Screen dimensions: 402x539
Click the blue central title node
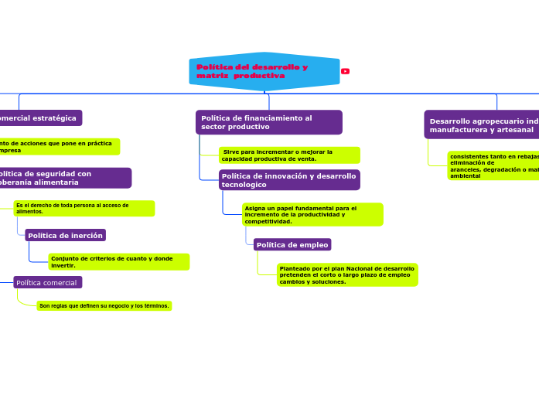264,71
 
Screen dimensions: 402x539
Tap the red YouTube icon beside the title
345,71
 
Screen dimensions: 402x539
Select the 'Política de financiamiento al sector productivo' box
268,122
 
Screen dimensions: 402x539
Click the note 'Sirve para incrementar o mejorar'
288,155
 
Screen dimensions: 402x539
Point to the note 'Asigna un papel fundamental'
312,214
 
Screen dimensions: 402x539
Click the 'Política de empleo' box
292,245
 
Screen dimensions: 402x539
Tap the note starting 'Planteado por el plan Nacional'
346,274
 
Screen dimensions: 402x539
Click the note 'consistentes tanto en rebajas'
493,165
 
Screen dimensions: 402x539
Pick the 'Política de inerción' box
65,235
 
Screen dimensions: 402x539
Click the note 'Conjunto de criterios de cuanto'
118,261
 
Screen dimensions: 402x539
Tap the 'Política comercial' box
47,283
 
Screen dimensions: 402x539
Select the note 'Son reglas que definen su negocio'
104,305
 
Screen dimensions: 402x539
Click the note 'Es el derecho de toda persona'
83,208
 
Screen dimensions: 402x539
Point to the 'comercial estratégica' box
39,118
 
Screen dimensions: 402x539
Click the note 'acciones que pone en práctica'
58,146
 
